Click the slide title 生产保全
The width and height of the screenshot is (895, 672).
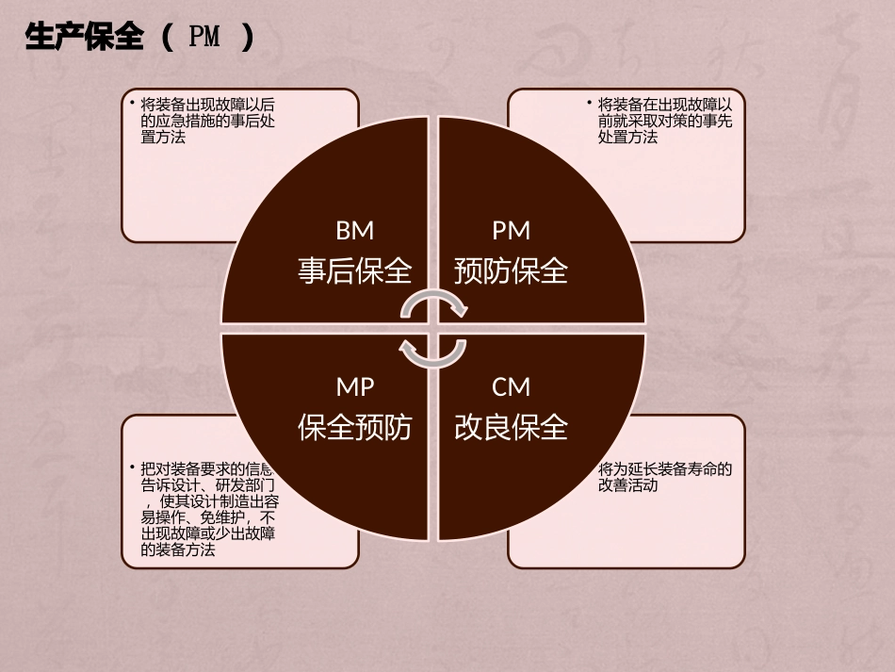point(85,38)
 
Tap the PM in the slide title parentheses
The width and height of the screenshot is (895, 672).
point(204,38)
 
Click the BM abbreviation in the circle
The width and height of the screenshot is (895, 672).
point(355,231)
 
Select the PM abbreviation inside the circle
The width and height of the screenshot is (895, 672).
point(512,231)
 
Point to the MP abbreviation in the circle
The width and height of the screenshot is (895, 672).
point(355,386)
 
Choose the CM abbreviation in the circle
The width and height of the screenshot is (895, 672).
point(512,386)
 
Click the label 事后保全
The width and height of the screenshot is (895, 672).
point(355,271)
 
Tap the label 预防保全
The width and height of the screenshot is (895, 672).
point(512,271)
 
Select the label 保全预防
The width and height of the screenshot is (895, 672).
point(355,427)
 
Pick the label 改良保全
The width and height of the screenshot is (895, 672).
point(512,427)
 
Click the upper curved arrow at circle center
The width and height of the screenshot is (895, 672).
point(434,303)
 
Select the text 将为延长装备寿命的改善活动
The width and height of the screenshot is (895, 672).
point(664,477)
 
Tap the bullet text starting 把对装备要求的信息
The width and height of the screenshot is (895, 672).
point(207,509)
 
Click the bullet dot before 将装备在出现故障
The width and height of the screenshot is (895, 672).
point(589,102)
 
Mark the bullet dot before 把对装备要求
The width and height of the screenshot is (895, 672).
point(132,467)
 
